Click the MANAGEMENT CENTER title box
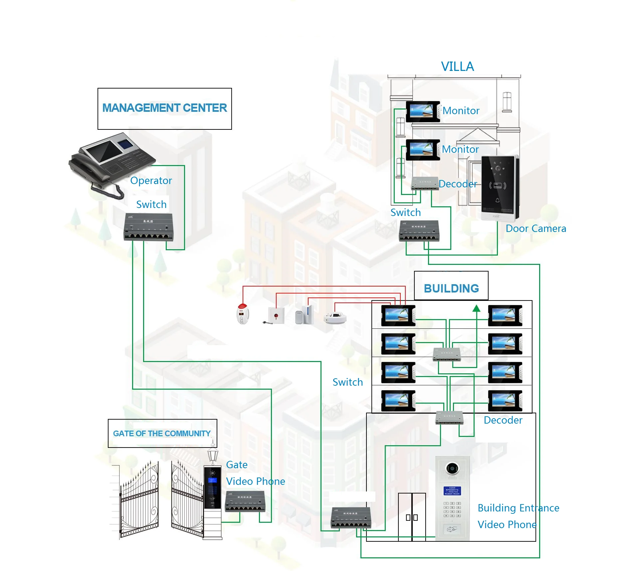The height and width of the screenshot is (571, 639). click(x=164, y=108)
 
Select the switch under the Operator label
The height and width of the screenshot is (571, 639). click(x=148, y=227)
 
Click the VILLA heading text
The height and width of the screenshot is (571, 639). click(x=457, y=67)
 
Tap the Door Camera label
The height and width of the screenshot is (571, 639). click(x=535, y=229)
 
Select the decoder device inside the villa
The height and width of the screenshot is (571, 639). click(x=425, y=183)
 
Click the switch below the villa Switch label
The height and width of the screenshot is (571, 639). click(x=419, y=230)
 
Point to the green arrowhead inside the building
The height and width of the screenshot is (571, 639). click(x=476, y=308)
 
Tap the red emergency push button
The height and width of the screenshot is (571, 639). click(x=276, y=315)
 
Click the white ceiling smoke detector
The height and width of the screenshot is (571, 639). click(x=335, y=318)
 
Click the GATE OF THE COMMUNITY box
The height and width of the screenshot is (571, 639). click(x=162, y=433)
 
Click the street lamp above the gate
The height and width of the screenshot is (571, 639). click(x=213, y=453)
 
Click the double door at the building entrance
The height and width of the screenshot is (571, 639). click(x=412, y=517)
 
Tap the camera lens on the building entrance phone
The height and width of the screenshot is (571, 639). click(x=452, y=468)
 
